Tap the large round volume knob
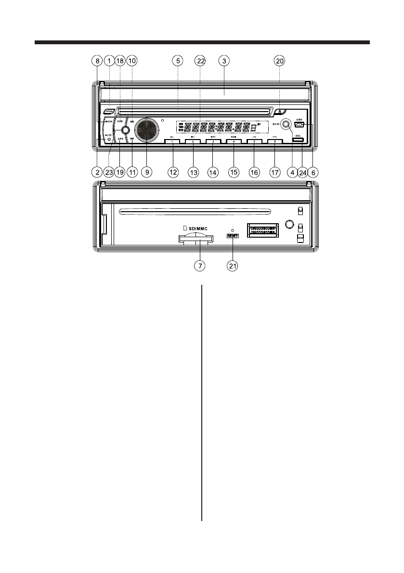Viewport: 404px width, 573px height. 146,129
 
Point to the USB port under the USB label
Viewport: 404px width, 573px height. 299,126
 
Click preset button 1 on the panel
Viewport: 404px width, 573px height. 172,142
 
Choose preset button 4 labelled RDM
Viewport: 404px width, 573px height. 234,142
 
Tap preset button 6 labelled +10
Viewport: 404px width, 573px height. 274,142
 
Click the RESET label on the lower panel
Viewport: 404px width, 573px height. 233,235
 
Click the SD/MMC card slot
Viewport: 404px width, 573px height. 195,239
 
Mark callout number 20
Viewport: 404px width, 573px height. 279,61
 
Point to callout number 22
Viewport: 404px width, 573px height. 200,61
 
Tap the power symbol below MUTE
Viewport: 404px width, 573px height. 109,139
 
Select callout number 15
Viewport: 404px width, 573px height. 234,171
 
